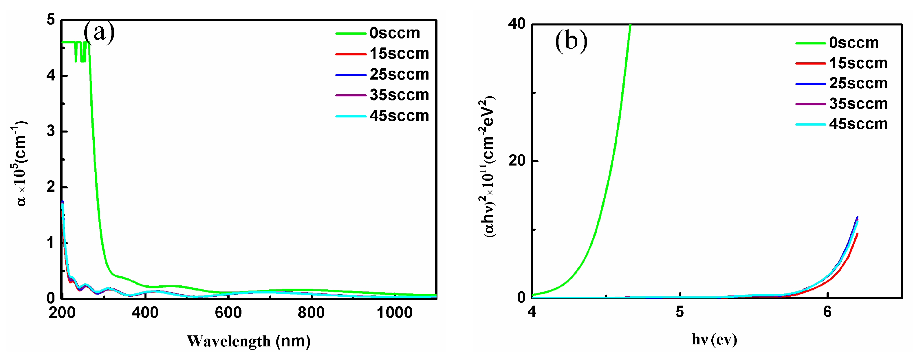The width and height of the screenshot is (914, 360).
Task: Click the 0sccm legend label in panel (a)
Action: pyautogui.click(x=395, y=33)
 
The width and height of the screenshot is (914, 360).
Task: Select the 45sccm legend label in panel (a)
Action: pyautogui.click(x=399, y=116)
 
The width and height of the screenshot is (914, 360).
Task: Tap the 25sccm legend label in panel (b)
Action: pyautogui.click(x=858, y=83)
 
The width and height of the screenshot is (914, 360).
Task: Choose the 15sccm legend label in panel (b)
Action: pyautogui.click(x=858, y=63)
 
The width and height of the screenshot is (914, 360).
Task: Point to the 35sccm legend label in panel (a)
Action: pyautogui.click(x=399, y=95)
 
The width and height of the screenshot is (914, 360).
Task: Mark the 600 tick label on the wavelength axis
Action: pyautogui.click(x=228, y=313)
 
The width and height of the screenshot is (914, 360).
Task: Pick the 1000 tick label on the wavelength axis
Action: pyautogui.click(x=394, y=313)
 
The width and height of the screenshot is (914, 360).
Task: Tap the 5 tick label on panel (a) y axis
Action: pyautogui.click(x=51, y=20)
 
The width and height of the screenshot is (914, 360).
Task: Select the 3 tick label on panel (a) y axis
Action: pyautogui.click(x=51, y=131)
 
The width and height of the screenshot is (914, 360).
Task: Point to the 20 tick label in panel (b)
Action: pyautogui.click(x=516, y=161)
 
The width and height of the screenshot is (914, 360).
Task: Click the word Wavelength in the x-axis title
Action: pyautogui.click(x=228, y=341)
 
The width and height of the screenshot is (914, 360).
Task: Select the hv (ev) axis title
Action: pyautogui.click(x=714, y=339)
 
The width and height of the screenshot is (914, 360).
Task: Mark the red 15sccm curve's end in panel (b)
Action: pyautogui.click(x=857, y=234)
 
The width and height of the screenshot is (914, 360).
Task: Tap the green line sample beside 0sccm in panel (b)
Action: pyautogui.click(x=810, y=43)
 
